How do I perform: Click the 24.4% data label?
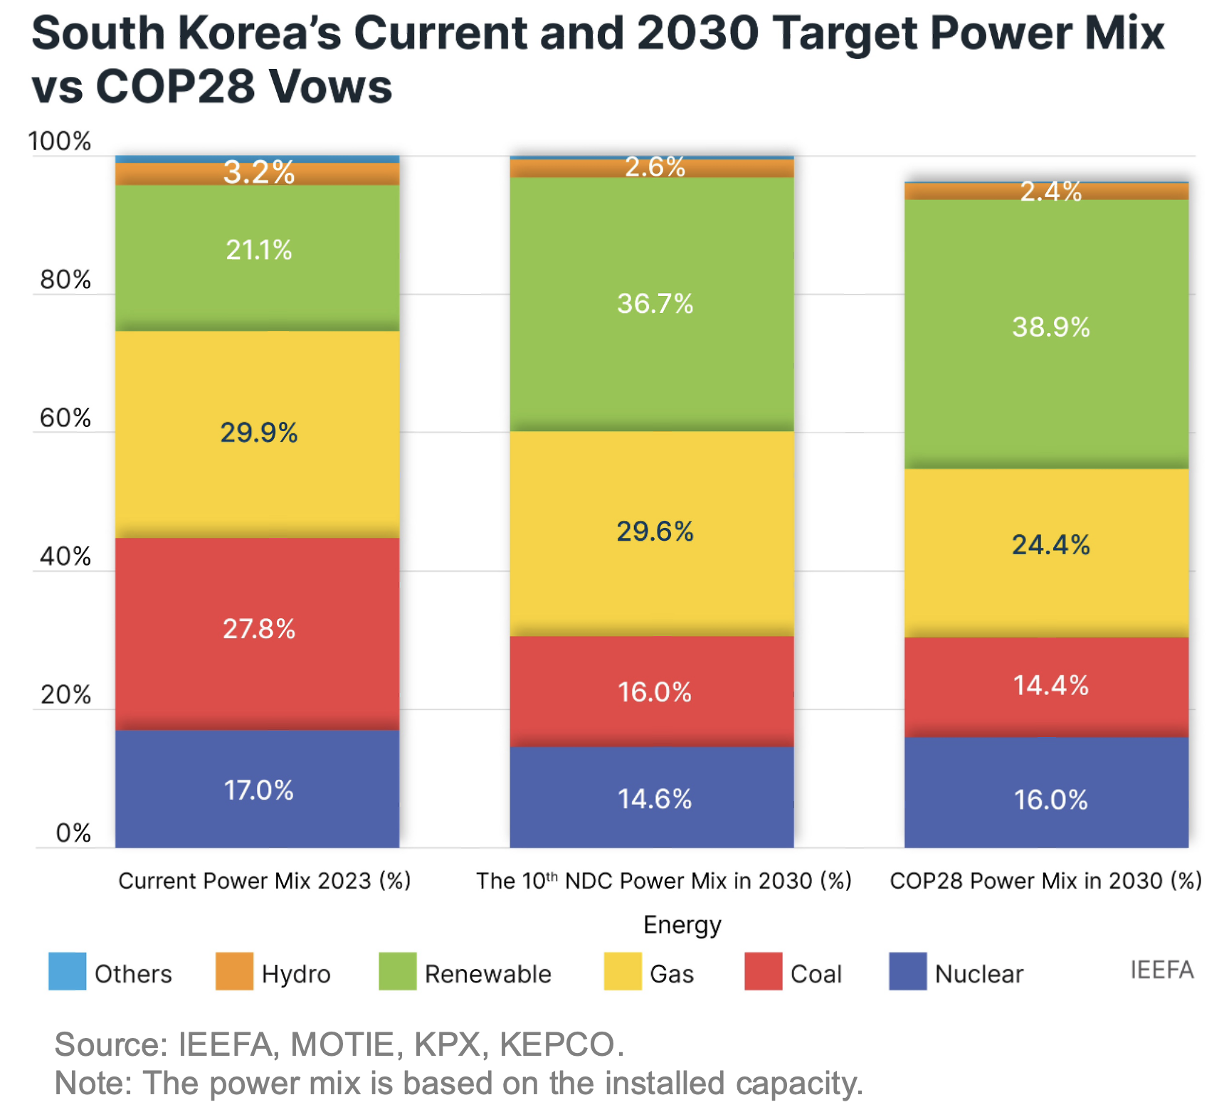[1051, 545]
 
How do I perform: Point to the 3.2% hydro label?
[258, 173]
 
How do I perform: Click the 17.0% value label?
[258, 790]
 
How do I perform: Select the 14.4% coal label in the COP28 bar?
[1051, 686]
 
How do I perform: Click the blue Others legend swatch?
[67, 971]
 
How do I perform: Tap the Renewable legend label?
[487, 974]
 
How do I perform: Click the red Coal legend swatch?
[763, 971]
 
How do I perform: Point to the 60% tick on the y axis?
[65, 418]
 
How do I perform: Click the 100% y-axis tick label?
[60, 142]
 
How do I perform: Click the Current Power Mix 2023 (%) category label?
[265, 881]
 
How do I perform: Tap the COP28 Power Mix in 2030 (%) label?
[1045, 881]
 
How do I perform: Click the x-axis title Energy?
[682, 924]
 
